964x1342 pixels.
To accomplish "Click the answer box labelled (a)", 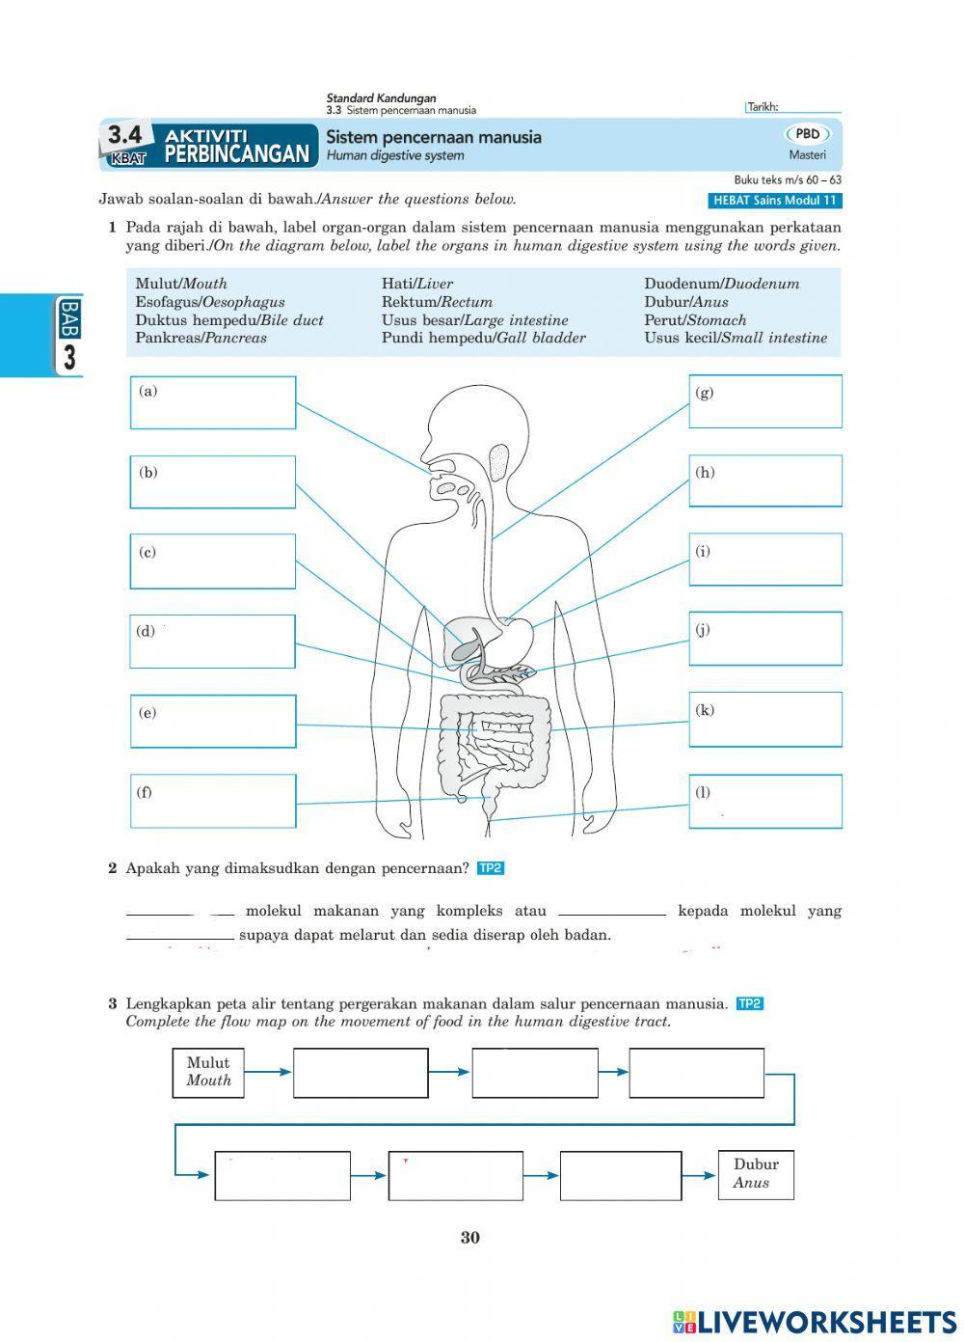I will tap(213, 402).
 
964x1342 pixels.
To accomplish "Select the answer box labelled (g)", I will tap(765, 401).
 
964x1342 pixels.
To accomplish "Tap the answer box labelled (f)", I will tap(213, 801).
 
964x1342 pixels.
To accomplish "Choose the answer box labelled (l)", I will tap(765, 802).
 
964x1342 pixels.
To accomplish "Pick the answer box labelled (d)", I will tap(213, 642).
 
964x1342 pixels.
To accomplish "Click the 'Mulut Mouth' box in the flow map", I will tap(208, 1072).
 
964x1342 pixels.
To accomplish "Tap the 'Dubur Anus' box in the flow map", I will tap(756, 1173).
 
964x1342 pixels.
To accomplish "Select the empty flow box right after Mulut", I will tap(361, 1073).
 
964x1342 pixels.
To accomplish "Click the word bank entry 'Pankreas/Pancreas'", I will tap(201, 339).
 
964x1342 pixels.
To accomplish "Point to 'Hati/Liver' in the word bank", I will tap(416, 284).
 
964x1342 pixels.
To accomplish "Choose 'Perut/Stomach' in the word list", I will tap(695, 320).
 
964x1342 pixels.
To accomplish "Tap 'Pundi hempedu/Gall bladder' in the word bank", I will tap(483, 339).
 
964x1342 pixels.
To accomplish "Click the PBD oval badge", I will tap(808, 135).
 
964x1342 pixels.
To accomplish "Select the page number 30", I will tap(469, 1238).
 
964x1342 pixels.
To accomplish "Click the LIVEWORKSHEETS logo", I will tap(815, 1321).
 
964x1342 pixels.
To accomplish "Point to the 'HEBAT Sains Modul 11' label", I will tap(774, 201).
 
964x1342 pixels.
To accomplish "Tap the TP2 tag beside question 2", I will tap(491, 868).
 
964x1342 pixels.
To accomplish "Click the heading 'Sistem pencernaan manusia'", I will tap(433, 137).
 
